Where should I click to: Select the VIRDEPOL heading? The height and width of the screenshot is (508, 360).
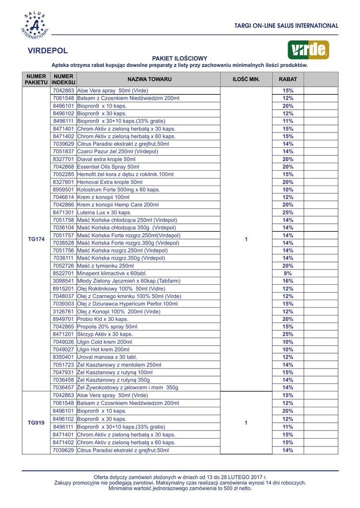coord(48,51)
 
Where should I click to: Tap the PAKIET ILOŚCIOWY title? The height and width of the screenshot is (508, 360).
coord(179,59)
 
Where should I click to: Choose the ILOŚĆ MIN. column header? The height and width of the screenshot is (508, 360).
coord(246,79)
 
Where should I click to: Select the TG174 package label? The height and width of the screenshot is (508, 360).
coord(36,239)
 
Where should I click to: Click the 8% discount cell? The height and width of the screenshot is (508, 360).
coord(288,274)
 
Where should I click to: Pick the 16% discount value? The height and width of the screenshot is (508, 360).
coord(288,281)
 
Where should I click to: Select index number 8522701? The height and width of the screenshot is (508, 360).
coord(64,274)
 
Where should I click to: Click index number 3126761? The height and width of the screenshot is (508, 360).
coord(64,312)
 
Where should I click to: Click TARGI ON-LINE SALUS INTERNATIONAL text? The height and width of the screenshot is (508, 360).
coord(287,26)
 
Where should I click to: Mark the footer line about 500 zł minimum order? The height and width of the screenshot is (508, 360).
coord(180,488)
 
